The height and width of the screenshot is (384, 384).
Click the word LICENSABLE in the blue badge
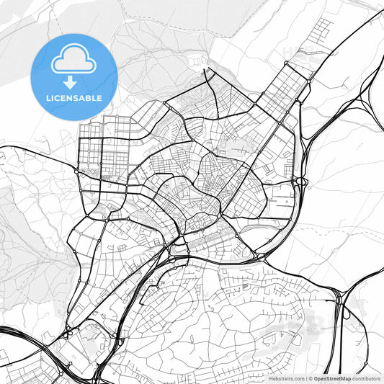point(74,97)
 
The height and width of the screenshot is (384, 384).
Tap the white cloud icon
point(74,61)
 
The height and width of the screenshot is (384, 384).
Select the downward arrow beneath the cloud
point(74,81)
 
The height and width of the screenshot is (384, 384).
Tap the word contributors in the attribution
point(367,378)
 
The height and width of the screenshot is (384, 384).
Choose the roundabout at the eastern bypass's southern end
point(259,254)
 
